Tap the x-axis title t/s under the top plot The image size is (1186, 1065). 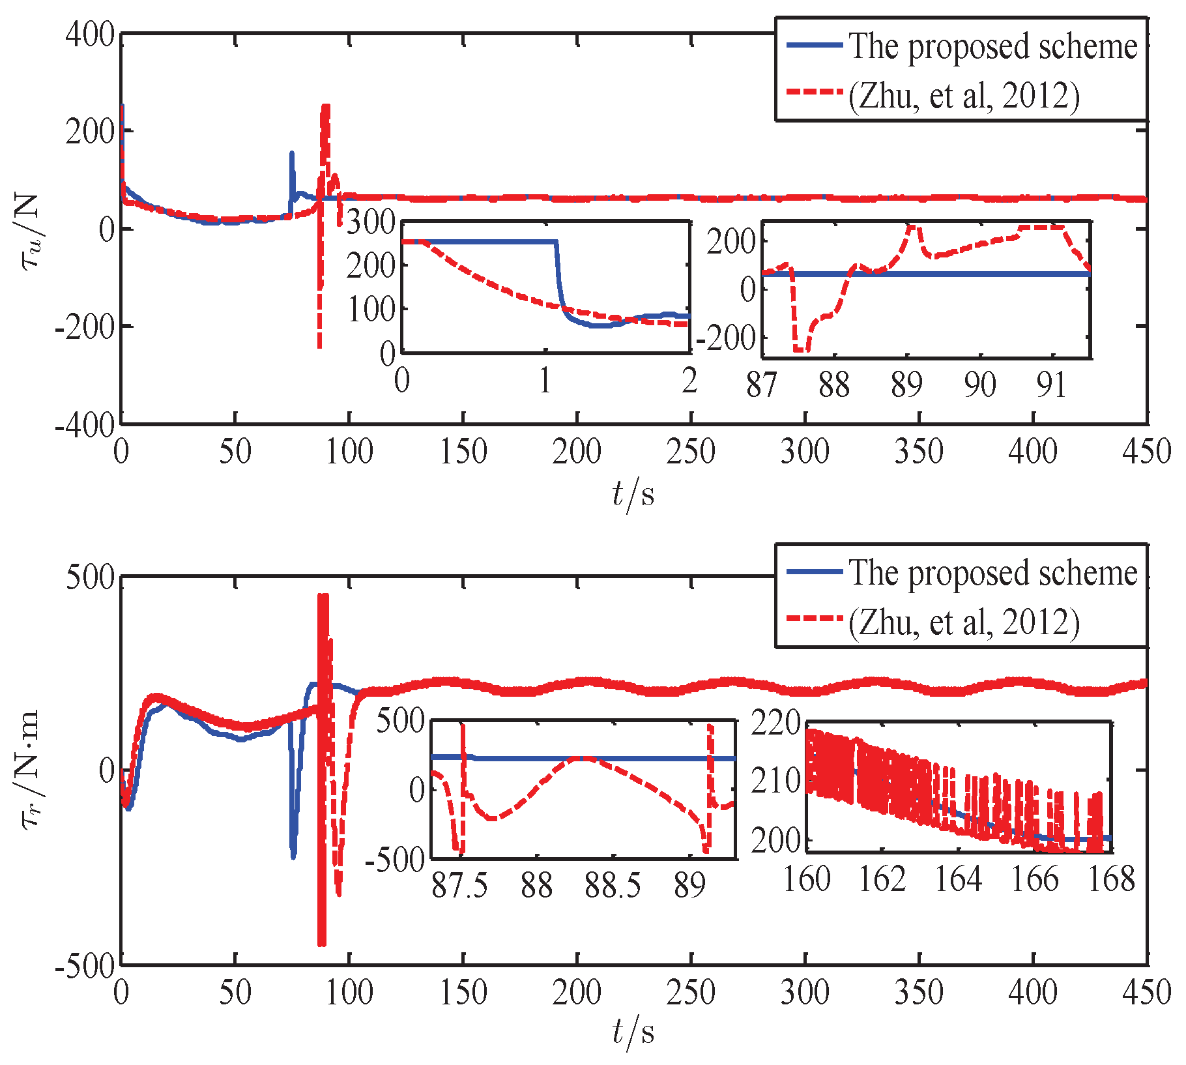pos(633,494)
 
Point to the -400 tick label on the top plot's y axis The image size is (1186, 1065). pos(85,426)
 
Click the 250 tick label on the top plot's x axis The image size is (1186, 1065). pos(691,452)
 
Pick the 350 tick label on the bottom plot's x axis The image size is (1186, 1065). pos(919,993)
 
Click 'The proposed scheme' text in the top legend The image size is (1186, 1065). pos(992,47)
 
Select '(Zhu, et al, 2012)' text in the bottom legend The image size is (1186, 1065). pos(964,622)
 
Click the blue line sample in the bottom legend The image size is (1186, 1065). pos(815,572)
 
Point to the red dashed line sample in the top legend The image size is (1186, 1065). pos(815,92)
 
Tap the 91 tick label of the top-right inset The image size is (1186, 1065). pos(1051,385)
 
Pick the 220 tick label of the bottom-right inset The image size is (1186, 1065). pos(775,723)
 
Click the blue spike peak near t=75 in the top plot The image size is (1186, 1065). pos(292,154)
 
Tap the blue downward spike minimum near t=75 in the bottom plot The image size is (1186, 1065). pos(293,856)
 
